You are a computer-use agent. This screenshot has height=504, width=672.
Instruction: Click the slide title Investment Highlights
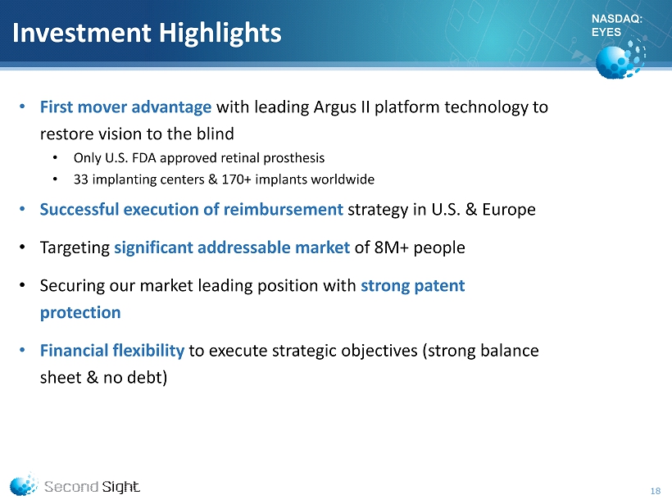[x=147, y=34]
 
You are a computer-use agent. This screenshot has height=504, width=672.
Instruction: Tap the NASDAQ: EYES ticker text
[x=617, y=25]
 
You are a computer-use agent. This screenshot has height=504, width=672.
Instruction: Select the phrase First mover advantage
[x=125, y=107]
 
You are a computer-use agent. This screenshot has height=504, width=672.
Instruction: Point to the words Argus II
[x=342, y=107]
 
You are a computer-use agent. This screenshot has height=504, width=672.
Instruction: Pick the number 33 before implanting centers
[x=80, y=179]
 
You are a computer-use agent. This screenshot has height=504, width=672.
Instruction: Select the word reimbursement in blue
[x=284, y=209]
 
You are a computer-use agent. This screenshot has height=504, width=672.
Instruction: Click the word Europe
[x=509, y=210]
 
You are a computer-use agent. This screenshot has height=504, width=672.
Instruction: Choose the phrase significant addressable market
[x=232, y=247]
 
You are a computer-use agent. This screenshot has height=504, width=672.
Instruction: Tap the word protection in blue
[x=80, y=313]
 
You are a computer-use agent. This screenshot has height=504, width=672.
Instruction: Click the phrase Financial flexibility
[x=111, y=351]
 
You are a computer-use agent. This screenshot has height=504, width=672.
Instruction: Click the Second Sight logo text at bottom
[x=92, y=487]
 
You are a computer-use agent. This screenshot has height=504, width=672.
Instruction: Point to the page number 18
[x=656, y=491]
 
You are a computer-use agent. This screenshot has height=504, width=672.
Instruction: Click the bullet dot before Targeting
[x=23, y=247]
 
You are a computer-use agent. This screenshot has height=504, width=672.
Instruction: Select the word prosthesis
[x=294, y=158]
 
